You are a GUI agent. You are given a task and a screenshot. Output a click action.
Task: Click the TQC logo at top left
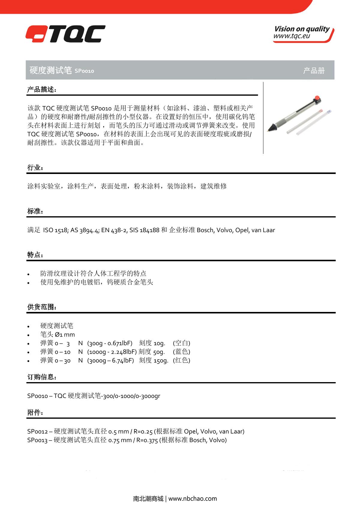(x=65, y=34)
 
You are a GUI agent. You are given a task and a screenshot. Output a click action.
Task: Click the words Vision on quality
(x=301, y=29)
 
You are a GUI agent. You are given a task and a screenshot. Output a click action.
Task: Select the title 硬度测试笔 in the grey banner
(x=50, y=70)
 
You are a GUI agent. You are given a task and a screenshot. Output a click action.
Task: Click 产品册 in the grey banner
(x=314, y=70)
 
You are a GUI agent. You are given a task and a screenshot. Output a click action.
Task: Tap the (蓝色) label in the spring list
(x=181, y=352)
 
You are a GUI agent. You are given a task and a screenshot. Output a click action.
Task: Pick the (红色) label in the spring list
(x=181, y=360)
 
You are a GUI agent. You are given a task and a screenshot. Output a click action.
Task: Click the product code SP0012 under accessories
(x=37, y=432)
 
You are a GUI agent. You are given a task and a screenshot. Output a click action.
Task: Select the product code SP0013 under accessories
(x=37, y=440)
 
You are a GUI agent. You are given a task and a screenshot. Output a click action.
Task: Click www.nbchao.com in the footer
(x=192, y=499)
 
